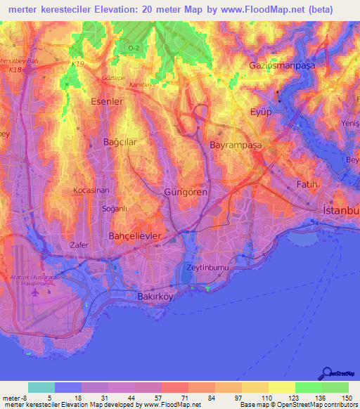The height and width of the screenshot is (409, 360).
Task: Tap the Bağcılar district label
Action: pos(110,141)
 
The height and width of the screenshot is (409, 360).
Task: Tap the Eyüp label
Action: pos(261,112)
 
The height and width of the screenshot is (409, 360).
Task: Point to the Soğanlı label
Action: pos(95,209)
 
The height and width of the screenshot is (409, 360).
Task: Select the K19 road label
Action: pos(77,63)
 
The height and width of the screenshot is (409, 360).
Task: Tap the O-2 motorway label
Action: pos(134,47)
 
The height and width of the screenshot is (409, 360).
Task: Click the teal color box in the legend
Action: pos(41,387)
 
